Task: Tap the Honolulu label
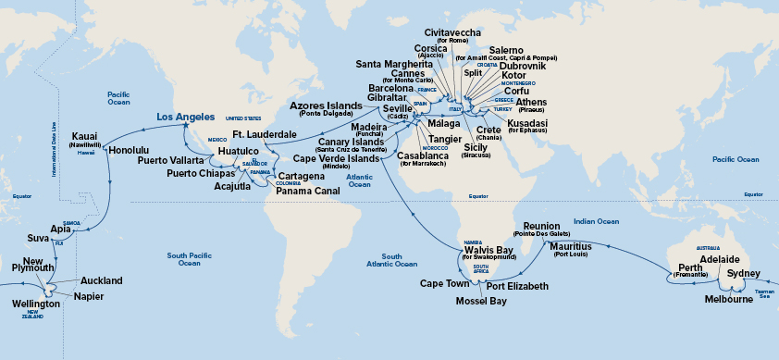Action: point(129,149)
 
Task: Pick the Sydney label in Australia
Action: point(744,275)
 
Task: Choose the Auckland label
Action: point(101,280)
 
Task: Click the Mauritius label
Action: point(571,247)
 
